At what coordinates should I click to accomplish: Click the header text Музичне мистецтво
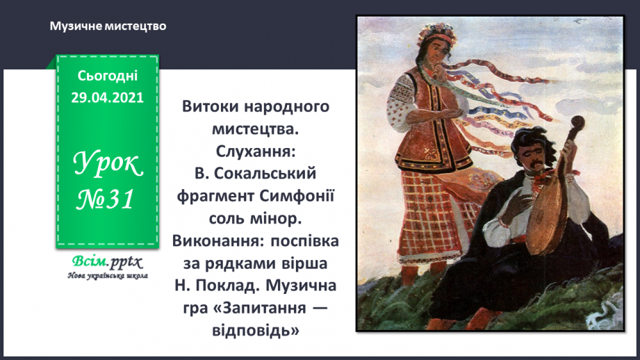(x=108, y=26)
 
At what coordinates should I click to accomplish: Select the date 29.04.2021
(x=108, y=98)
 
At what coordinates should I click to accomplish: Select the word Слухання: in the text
(x=254, y=149)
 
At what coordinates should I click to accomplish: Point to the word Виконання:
(x=216, y=240)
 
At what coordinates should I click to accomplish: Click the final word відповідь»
(x=255, y=329)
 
